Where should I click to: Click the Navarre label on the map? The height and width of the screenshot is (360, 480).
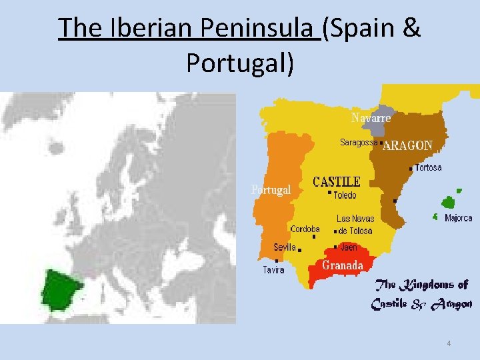point(371,118)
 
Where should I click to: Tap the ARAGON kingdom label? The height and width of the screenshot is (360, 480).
point(407,145)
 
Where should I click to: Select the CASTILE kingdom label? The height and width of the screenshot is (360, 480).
point(337,182)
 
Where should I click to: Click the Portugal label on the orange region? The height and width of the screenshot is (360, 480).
point(271,190)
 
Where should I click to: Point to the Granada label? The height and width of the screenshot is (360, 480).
point(343,265)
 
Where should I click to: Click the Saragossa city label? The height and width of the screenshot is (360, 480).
point(359,142)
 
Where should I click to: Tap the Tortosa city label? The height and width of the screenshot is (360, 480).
point(428,168)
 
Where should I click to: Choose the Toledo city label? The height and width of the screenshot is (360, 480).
point(345,195)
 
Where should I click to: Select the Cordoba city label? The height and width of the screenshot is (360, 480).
point(305,229)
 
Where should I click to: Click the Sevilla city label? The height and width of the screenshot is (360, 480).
point(285,247)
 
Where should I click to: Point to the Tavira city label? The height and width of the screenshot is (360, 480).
point(273,270)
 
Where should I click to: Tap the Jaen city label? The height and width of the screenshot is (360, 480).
point(349,247)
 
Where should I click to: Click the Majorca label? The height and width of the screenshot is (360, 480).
point(458,218)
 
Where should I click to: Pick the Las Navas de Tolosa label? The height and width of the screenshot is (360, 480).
point(355,225)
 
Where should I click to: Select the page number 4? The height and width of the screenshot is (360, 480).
point(449,343)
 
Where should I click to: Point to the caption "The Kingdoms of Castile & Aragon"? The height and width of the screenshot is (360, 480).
point(421,294)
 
